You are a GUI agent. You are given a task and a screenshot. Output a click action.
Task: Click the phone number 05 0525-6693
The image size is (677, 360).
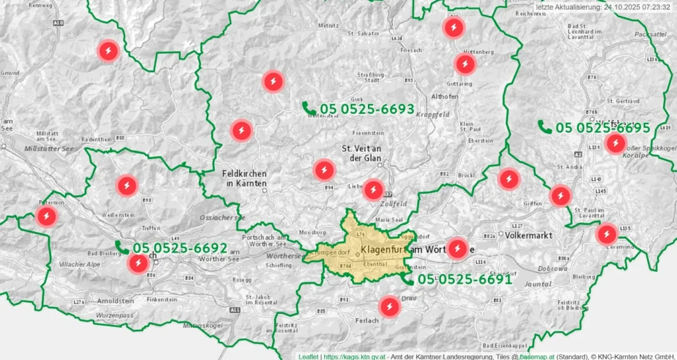(x=367, y=109)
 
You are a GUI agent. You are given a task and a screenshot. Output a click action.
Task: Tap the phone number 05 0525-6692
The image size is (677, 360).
(x=180, y=249)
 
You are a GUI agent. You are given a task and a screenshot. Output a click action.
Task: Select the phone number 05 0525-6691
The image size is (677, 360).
(x=465, y=279)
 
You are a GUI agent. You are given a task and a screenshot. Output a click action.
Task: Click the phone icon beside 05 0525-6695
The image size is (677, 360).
(x=544, y=127)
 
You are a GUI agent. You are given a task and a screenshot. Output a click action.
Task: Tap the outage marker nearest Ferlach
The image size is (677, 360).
(x=389, y=306)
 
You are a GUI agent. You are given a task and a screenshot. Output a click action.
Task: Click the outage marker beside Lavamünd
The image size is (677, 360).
(x=607, y=234)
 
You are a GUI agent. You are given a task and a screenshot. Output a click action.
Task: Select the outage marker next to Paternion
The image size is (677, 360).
(x=46, y=216)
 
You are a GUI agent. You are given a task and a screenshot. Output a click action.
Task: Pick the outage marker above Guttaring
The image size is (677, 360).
(x=465, y=64)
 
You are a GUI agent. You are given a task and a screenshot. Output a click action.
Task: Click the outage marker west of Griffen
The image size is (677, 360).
(x=509, y=179)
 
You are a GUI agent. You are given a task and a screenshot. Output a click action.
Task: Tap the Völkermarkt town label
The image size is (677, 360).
(x=529, y=235)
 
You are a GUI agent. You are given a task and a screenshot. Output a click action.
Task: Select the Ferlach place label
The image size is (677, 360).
(x=367, y=321)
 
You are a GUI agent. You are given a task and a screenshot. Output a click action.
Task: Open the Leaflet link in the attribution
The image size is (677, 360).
(x=308, y=357)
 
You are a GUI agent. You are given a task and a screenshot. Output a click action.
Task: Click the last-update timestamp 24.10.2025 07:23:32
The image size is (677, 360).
(x=638, y=7)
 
